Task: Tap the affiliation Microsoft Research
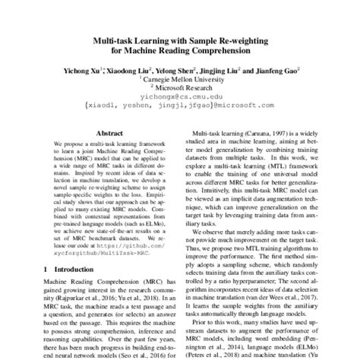[x=182, y=88]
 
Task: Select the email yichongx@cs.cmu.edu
[x=180, y=98]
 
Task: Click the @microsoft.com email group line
[x=179, y=108]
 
